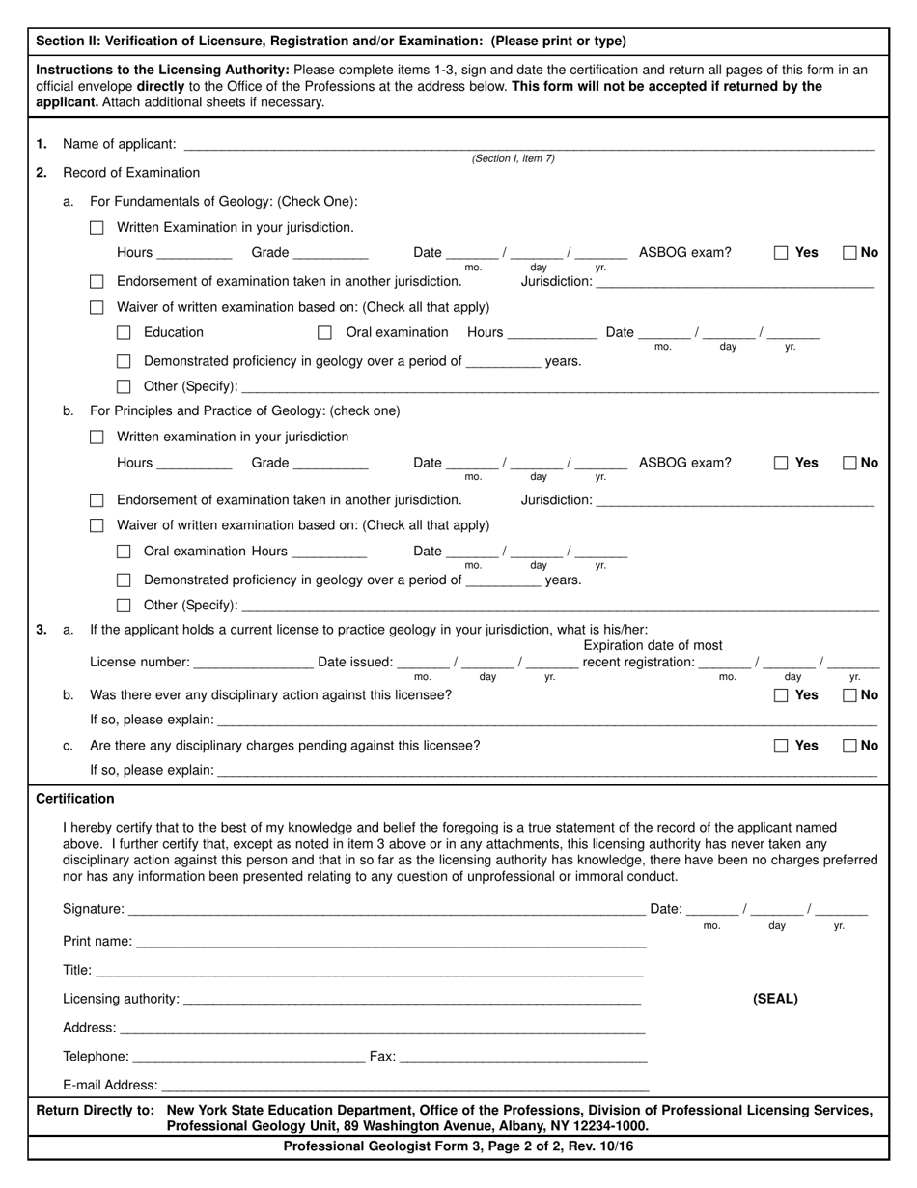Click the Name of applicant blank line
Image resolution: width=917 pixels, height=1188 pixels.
coord(528,145)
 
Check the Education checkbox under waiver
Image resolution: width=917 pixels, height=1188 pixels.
coord(124,332)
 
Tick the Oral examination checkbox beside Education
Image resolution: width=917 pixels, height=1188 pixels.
coord(325,332)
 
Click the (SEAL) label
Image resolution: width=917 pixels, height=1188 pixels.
coord(775,999)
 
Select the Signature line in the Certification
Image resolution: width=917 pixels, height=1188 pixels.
coord(386,909)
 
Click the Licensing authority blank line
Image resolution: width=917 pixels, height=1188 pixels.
coord(411,1000)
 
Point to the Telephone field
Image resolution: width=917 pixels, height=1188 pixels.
coord(248,1058)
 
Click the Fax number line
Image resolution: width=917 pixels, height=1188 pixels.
coord(522,1058)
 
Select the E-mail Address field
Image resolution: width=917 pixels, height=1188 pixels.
coord(404,1087)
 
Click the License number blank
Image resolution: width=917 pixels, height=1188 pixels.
coord(254,663)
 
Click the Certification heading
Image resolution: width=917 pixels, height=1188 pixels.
coord(75,799)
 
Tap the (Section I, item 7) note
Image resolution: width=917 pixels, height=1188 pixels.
coord(513,158)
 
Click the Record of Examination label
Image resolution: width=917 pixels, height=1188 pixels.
coord(131,173)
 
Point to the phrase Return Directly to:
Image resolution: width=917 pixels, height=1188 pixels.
coord(95,1111)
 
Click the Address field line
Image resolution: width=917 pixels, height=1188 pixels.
coord(382,1029)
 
